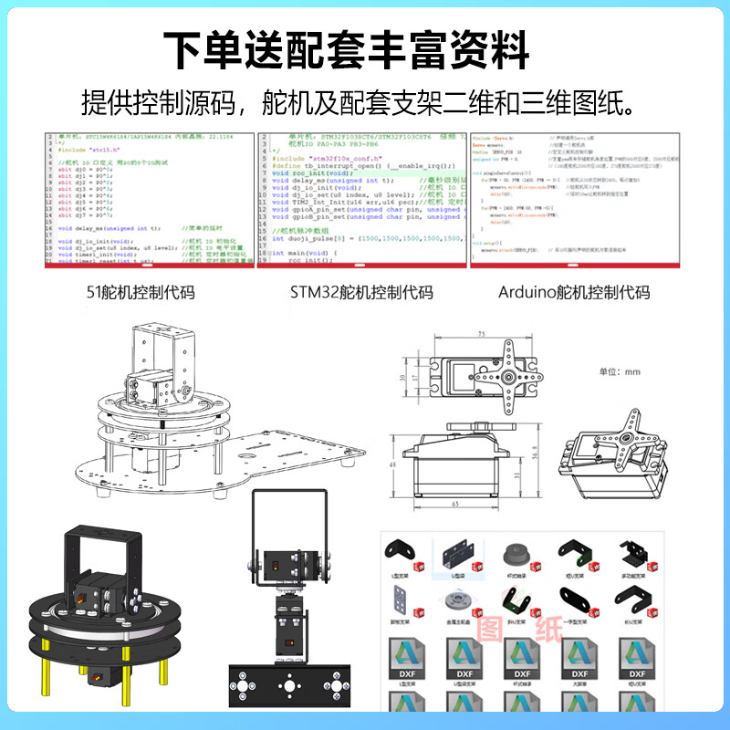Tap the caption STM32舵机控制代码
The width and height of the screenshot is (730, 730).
click(x=361, y=293)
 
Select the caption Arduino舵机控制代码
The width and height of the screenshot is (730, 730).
click(x=574, y=293)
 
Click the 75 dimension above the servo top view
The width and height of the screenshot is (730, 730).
click(x=480, y=335)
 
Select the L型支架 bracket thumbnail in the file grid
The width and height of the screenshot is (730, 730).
click(x=396, y=553)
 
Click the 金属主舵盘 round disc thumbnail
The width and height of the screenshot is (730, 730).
click(x=455, y=601)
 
